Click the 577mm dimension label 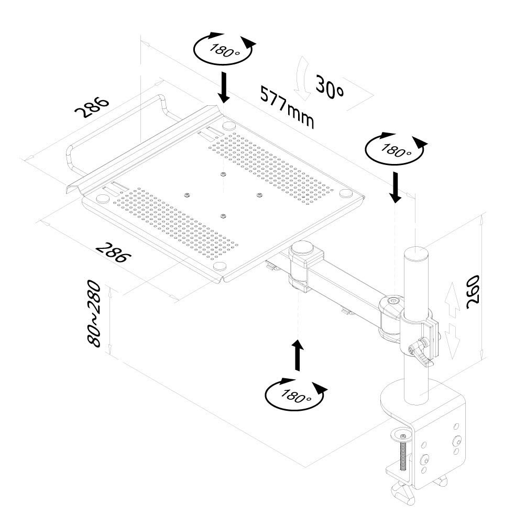pos(288,107)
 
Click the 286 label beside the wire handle pos(92,107)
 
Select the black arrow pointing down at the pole pos(396,188)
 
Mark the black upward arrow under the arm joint pos(298,355)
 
